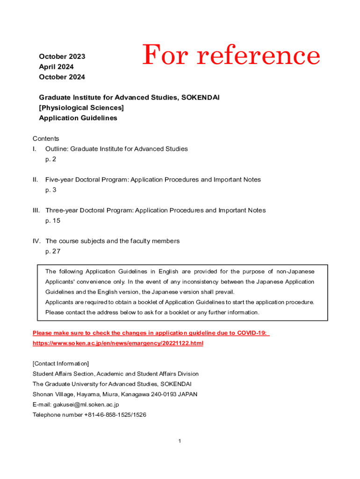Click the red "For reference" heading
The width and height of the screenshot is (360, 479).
point(231,56)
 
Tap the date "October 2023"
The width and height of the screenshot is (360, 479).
point(62,57)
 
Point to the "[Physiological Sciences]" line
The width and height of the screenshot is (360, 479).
point(81,108)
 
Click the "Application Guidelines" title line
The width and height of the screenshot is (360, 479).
point(78,118)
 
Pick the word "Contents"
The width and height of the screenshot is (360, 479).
point(46,138)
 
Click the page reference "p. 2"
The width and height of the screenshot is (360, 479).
point(50,159)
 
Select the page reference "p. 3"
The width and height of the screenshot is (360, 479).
point(50,190)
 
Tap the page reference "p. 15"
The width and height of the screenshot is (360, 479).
point(53,220)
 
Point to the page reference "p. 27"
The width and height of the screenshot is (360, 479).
point(53,251)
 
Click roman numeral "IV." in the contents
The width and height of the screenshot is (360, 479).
point(36,241)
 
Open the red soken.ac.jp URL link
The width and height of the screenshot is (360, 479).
point(118,343)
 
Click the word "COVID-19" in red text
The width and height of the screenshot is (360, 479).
point(252,333)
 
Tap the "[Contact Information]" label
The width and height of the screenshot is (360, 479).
point(61,363)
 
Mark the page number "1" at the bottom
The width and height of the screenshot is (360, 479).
point(180,441)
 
